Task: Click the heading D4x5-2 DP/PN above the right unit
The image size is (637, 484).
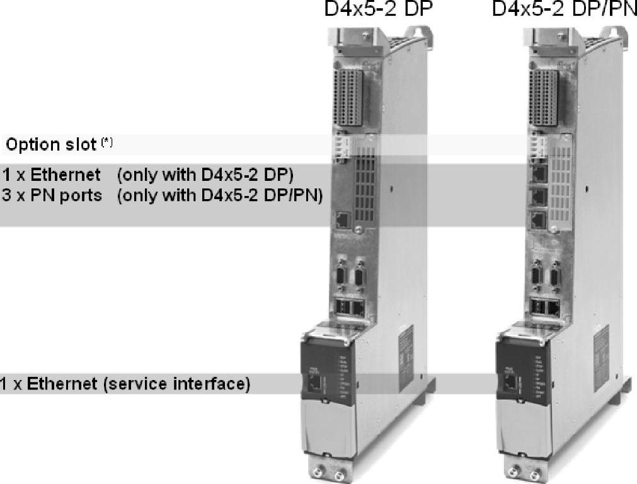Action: [x=564, y=11]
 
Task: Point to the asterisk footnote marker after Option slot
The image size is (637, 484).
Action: [x=107, y=143]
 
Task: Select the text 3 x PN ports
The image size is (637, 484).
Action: [x=52, y=195]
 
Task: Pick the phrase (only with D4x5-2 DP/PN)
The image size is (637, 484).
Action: [x=220, y=195]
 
